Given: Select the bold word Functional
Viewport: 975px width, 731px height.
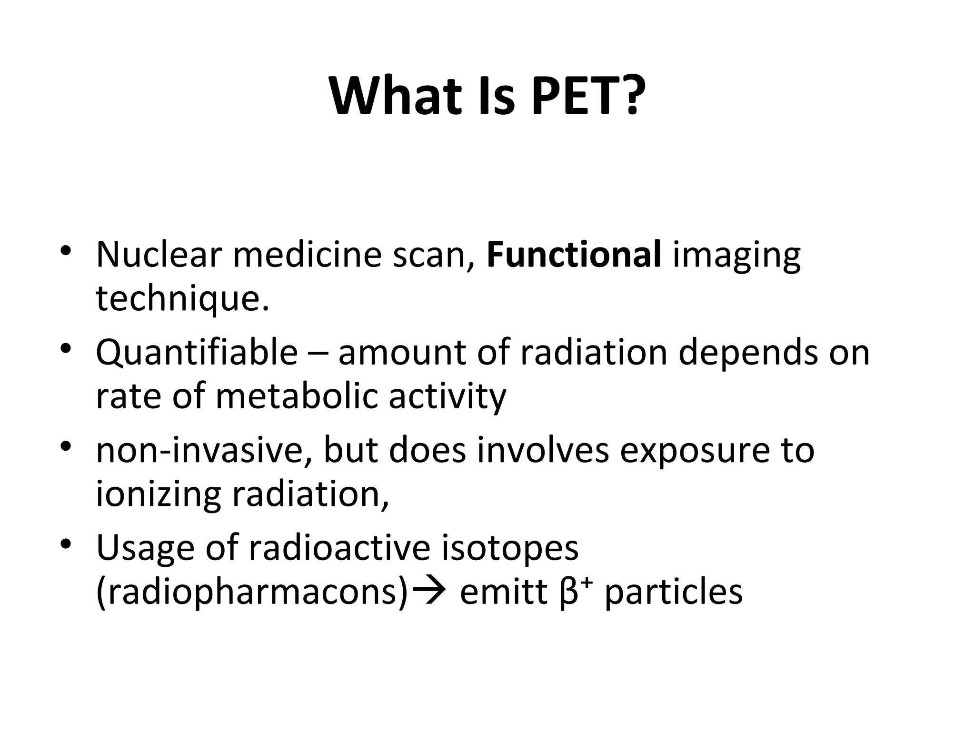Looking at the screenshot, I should pyautogui.click(x=574, y=255).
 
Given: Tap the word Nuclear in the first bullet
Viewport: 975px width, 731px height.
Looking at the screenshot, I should pyautogui.click(x=159, y=255).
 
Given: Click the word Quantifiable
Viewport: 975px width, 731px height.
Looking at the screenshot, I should pyautogui.click(x=197, y=353).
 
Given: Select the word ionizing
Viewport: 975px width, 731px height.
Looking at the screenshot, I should pyautogui.click(x=158, y=495).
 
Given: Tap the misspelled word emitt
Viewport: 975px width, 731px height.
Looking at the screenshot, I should pyautogui.click(x=503, y=593).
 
